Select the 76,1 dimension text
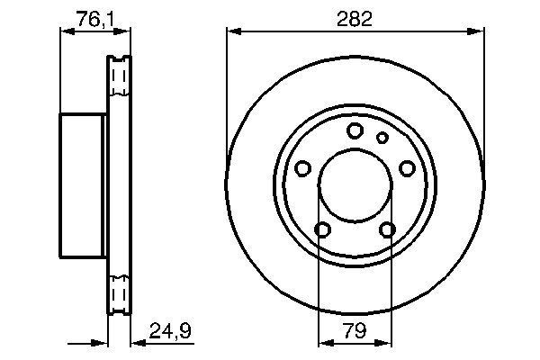94,19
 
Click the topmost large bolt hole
355,130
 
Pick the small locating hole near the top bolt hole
382,138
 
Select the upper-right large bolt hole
407,168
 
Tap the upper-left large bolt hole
302,168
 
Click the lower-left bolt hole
322,229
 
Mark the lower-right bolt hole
387,229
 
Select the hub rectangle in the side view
84,186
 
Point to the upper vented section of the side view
119,79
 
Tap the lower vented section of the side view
119,293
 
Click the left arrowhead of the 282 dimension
232,31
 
